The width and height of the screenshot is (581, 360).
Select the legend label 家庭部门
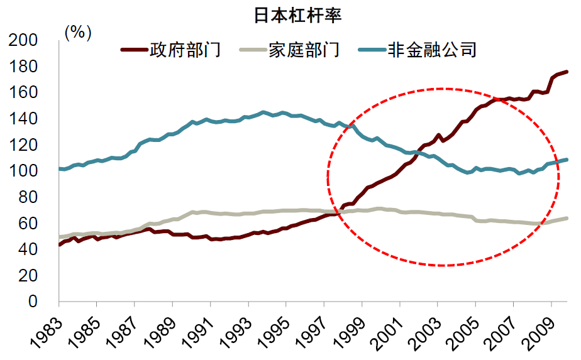click(x=304, y=50)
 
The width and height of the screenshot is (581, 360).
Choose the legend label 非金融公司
click(x=433, y=50)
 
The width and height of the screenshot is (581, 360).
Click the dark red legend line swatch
click(x=133, y=50)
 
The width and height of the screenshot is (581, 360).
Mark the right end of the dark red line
click(x=567, y=72)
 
